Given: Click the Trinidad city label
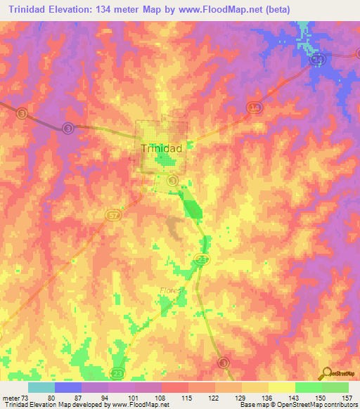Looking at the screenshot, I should [x=162, y=148].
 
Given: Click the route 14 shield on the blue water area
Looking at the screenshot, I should [x=317, y=60].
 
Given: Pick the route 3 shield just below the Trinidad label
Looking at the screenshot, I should [x=183, y=180].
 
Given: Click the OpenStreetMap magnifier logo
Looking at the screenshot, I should [x=326, y=372].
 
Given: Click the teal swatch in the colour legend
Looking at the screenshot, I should [x=41, y=387].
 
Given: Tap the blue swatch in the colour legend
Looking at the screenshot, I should [x=68, y=387].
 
